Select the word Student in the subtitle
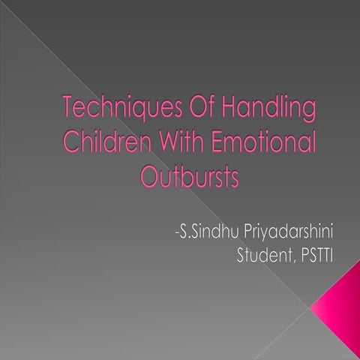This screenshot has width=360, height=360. [262, 256]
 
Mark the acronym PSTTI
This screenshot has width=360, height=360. [315, 256]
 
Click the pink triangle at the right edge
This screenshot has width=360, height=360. [341, 303]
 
